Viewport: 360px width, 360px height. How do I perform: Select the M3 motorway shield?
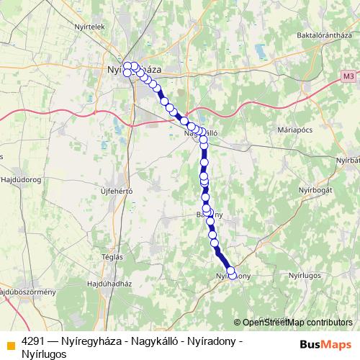pyautogui.click(x=349, y=74)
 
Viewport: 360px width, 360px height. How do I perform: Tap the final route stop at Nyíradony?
pyautogui.click(x=230, y=271)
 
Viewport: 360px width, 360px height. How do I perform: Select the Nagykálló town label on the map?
pyautogui.click(x=201, y=133)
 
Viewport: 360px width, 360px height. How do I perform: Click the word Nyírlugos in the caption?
pyautogui.click(x=44, y=354)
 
